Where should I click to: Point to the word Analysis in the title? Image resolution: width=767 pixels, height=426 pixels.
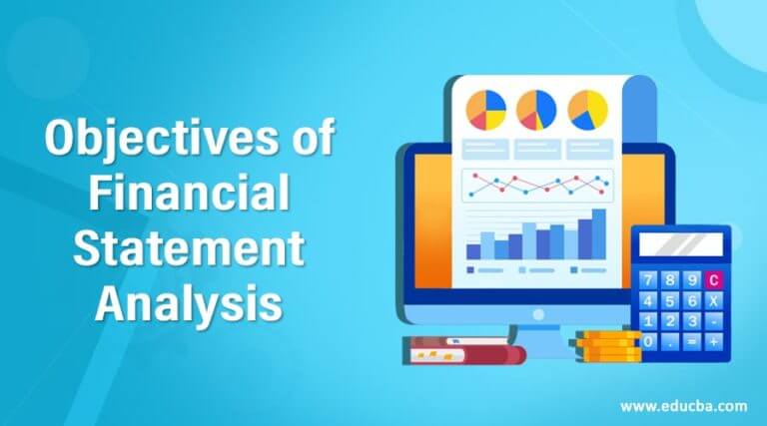point(188,299)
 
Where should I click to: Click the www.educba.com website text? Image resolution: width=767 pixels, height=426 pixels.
point(682,404)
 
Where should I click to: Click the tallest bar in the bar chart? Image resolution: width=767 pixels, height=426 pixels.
point(598,232)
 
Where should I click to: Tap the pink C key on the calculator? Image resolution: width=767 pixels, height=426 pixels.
point(713,279)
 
